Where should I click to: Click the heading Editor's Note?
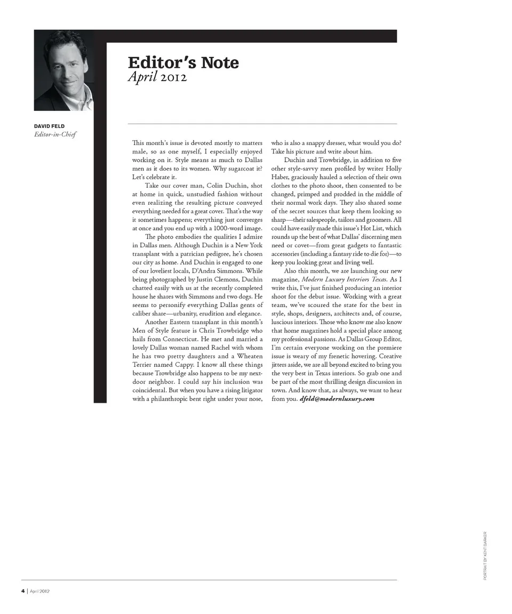point(183,62)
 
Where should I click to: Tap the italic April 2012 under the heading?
point(157,77)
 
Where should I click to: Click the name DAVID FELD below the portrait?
point(49,126)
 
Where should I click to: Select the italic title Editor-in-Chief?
point(55,134)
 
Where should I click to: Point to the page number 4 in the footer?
point(23,591)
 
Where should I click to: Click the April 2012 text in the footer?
point(40,591)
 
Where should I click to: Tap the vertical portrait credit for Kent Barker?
point(485,555)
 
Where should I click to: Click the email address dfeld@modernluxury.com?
point(337,399)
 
